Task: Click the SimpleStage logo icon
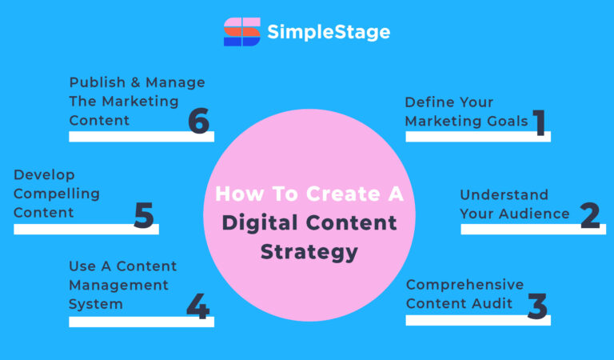242,32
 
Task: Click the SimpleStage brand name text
329,32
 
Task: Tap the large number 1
540,122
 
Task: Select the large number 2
590,214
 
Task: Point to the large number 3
538,306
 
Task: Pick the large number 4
197,306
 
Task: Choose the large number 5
144,215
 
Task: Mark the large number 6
198,122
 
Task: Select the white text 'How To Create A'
309,194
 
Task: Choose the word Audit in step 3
502,304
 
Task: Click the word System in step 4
96,304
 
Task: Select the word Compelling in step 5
57,194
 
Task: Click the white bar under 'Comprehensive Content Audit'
477,320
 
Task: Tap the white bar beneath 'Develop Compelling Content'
86,229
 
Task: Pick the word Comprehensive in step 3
464,285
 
